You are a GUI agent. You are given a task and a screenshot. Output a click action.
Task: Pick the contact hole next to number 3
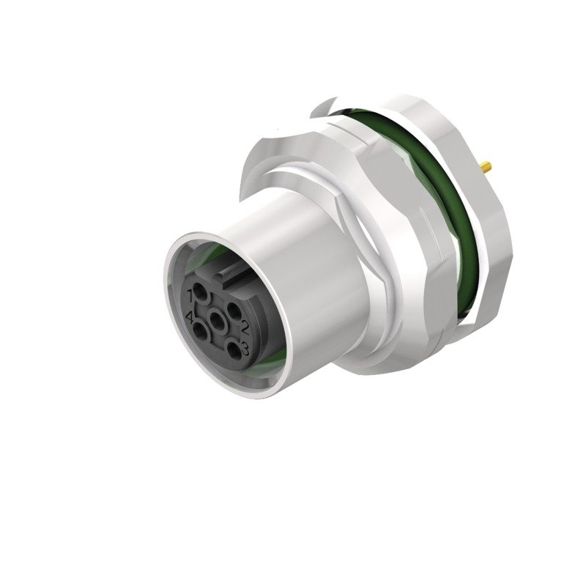click(x=232, y=347)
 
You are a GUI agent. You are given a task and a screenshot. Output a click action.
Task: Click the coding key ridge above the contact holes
click(x=230, y=275)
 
